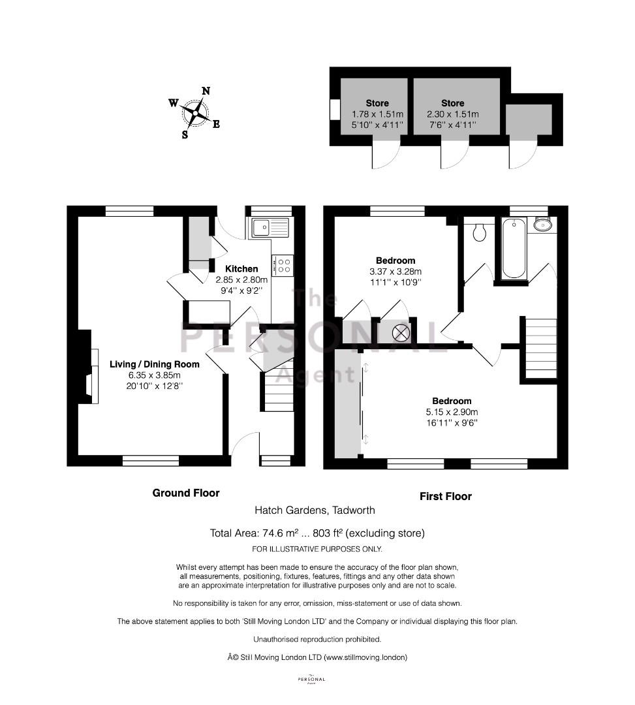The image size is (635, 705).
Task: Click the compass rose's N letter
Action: [206, 91]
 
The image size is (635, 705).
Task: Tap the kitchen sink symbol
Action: [270, 228]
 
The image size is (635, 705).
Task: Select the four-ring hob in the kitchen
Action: [283, 265]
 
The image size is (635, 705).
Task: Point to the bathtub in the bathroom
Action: [514, 248]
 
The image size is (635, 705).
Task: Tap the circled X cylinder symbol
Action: [401, 333]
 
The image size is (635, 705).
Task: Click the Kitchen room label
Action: [241, 269]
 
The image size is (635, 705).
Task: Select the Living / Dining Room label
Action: [155, 364]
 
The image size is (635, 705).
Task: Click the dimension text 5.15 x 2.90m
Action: [452, 412]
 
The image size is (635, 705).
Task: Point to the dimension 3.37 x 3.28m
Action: [395, 272]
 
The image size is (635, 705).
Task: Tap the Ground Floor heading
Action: [186, 493]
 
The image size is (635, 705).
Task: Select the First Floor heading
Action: [446, 496]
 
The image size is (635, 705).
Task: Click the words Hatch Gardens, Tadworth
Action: [315, 510]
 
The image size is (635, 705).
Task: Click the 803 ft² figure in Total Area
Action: [328, 533]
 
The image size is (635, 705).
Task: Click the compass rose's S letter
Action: [185, 134]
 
